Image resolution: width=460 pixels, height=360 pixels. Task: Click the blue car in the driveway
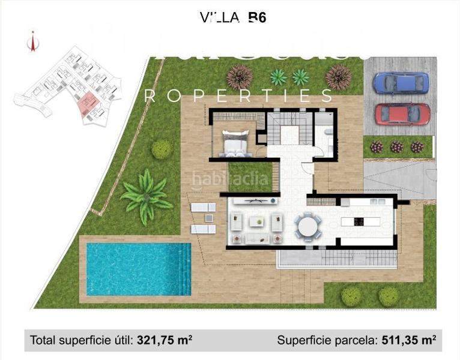tap(401, 83)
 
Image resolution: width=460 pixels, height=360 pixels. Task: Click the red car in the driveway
tap(402, 113)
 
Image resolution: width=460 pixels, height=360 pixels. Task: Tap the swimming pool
tap(138, 268)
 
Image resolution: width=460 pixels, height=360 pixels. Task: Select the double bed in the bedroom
tap(235, 143)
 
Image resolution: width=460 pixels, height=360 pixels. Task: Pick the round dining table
tap(307, 226)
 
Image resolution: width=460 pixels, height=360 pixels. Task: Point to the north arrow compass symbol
tap(31, 41)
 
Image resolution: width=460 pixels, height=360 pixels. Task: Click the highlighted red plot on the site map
tap(89, 104)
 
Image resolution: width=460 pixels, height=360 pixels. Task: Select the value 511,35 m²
tap(408, 341)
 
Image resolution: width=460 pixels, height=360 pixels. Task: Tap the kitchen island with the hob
tap(360, 221)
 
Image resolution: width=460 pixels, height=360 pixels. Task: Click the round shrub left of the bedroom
tap(161, 149)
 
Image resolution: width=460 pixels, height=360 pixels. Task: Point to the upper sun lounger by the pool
tap(202, 208)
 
